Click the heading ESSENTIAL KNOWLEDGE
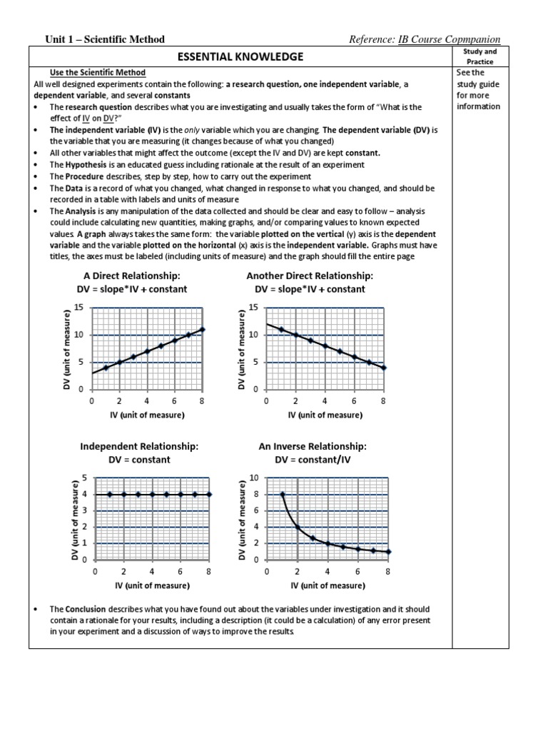pyautogui.click(x=240, y=56)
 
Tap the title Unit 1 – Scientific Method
pyautogui.click(x=105, y=39)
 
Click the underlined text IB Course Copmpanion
pyautogui.click(x=449, y=39)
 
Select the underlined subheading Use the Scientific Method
pyautogui.click(x=97, y=73)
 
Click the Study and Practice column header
pyautogui.click(x=480, y=56)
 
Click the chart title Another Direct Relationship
pyautogui.click(x=310, y=276)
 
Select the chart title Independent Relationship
pyautogui.click(x=139, y=446)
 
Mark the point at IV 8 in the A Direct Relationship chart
pyautogui.click(x=203, y=330)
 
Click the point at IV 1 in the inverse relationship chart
pyautogui.click(x=283, y=494)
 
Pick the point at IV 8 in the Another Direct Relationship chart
pyautogui.click(x=384, y=368)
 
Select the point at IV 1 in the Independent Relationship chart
pyautogui.click(x=109, y=494)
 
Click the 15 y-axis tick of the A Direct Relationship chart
pyautogui.click(x=79, y=308)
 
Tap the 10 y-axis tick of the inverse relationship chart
pyautogui.click(x=253, y=478)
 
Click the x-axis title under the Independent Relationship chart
pyautogui.click(x=152, y=586)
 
